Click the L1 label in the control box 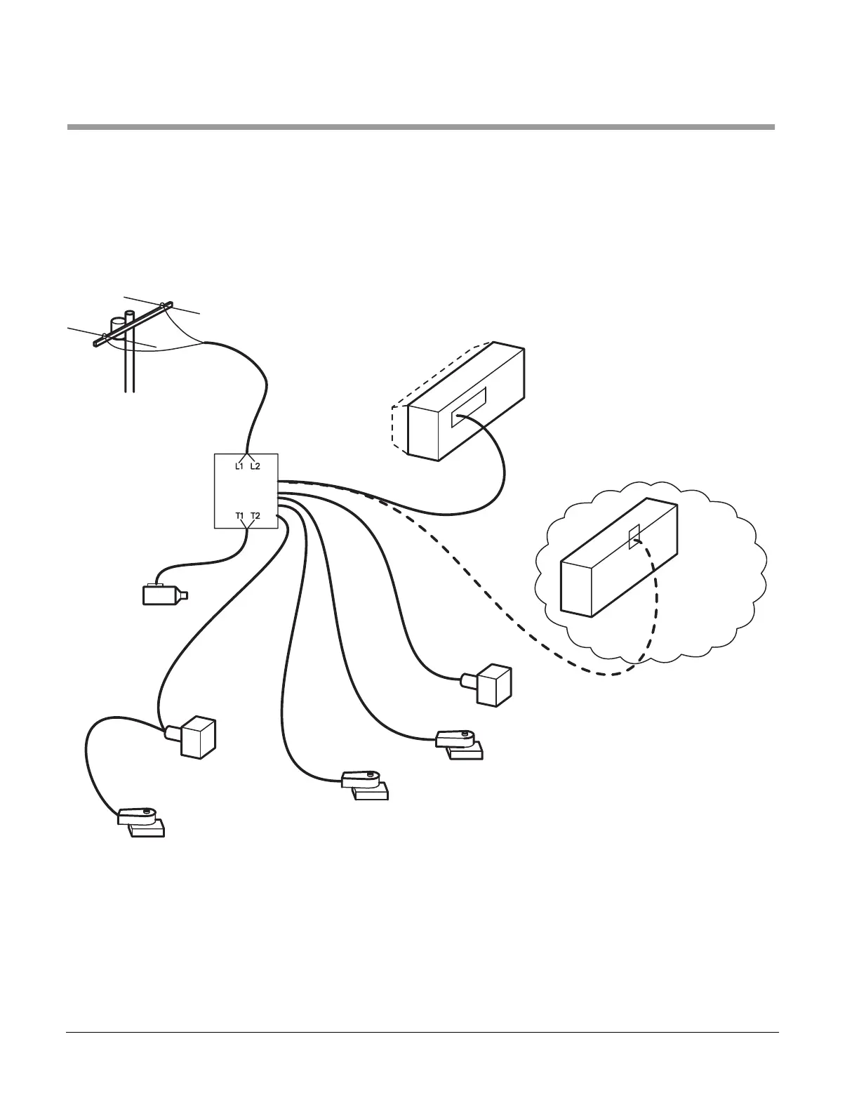(x=239, y=467)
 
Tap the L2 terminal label (x=255, y=467)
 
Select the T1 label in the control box (x=239, y=516)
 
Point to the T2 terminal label (x=255, y=516)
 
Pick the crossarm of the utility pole (x=133, y=324)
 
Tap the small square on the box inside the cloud (x=634, y=537)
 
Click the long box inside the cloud (x=618, y=562)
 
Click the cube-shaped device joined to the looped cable (x=197, y=737)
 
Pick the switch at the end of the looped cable (x=142, y=821)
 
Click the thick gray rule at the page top (x=421, y=127)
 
